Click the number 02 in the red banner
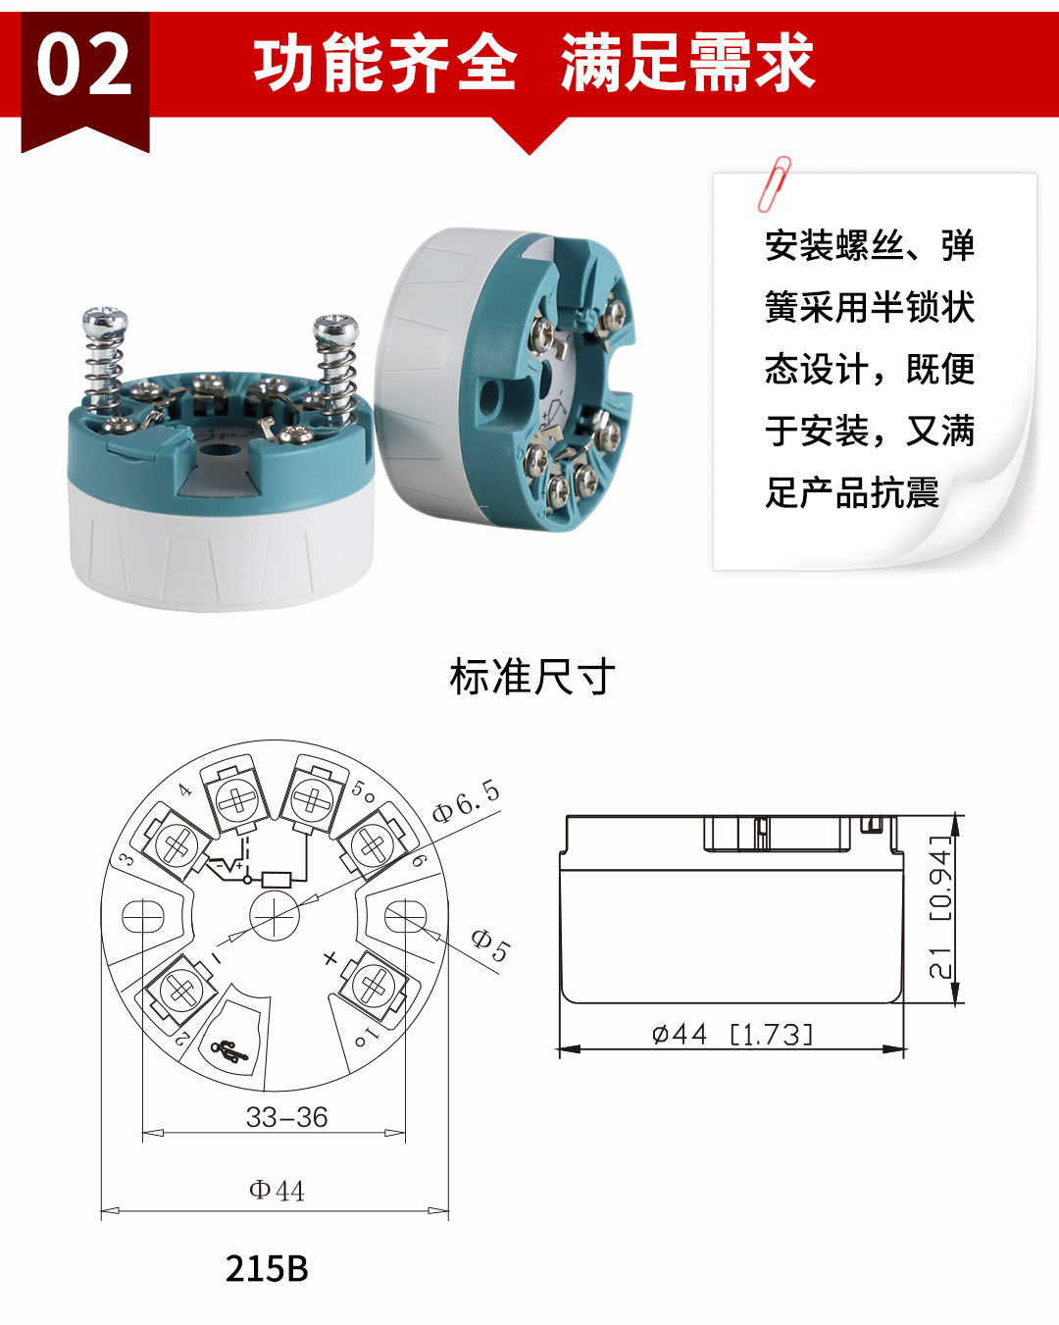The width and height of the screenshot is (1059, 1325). click(84, 65)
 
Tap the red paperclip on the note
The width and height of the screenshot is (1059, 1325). click(774, 183)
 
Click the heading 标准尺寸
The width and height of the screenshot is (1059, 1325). click(532, 677)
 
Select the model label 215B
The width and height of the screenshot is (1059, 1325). click(267, 1268)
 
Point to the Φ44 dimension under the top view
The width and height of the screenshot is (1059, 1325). click(277, 1191)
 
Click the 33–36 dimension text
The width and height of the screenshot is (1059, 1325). click(286, 1117)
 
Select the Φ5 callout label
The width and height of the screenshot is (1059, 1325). click(490, 944)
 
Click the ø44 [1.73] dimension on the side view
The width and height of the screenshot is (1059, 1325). click(732, 1034)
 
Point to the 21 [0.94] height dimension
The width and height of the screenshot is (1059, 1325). click(940, 906)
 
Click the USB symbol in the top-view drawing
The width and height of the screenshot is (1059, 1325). click(230, 1052)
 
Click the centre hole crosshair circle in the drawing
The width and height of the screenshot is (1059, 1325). click(275, 917)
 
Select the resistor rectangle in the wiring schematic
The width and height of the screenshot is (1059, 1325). click(277, 879)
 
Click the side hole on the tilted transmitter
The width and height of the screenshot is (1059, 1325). click(489, 394)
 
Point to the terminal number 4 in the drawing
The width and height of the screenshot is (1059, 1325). click(185, 790)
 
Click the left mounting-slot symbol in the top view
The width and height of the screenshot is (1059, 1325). click(143, 917)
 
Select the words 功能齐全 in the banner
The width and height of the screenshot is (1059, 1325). click(384, 63)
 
